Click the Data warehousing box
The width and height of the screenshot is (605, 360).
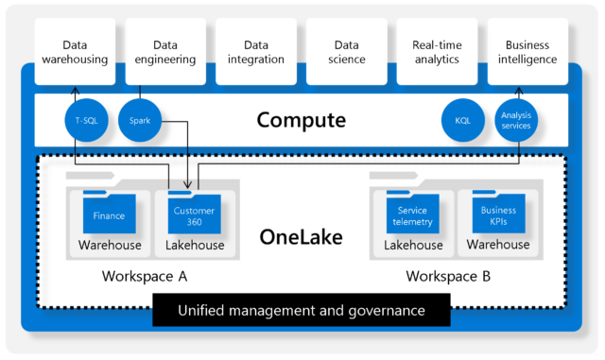coord(75,51)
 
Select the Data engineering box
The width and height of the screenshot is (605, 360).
coord(165,51)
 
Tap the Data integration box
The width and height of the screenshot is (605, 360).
coord(256,51)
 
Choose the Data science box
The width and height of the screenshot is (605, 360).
coord(346,51)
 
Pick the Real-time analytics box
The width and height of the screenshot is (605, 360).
coord(436,51)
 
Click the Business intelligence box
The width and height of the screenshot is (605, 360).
coord(527,51)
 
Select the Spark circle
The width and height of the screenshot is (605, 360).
coord(140,121)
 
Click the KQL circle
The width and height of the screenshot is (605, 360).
coord(462,121)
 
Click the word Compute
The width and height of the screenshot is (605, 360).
coord(302,121)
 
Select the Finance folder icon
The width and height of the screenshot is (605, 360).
coord(109,214)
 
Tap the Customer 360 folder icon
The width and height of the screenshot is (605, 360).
coord(194,214)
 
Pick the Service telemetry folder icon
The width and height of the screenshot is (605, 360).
coord(413,214)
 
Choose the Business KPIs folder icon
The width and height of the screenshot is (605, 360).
coord(498,214)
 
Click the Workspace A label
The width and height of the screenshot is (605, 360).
coord(145,277)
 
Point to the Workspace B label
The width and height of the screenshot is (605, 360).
coord(449,277)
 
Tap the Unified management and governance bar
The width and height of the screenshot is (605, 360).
coord(302,310)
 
